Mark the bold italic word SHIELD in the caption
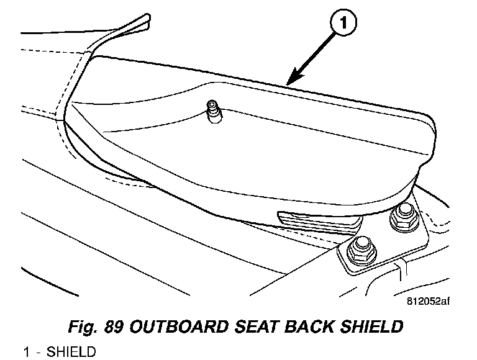363,326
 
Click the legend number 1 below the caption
27,353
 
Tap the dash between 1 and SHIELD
39,353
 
